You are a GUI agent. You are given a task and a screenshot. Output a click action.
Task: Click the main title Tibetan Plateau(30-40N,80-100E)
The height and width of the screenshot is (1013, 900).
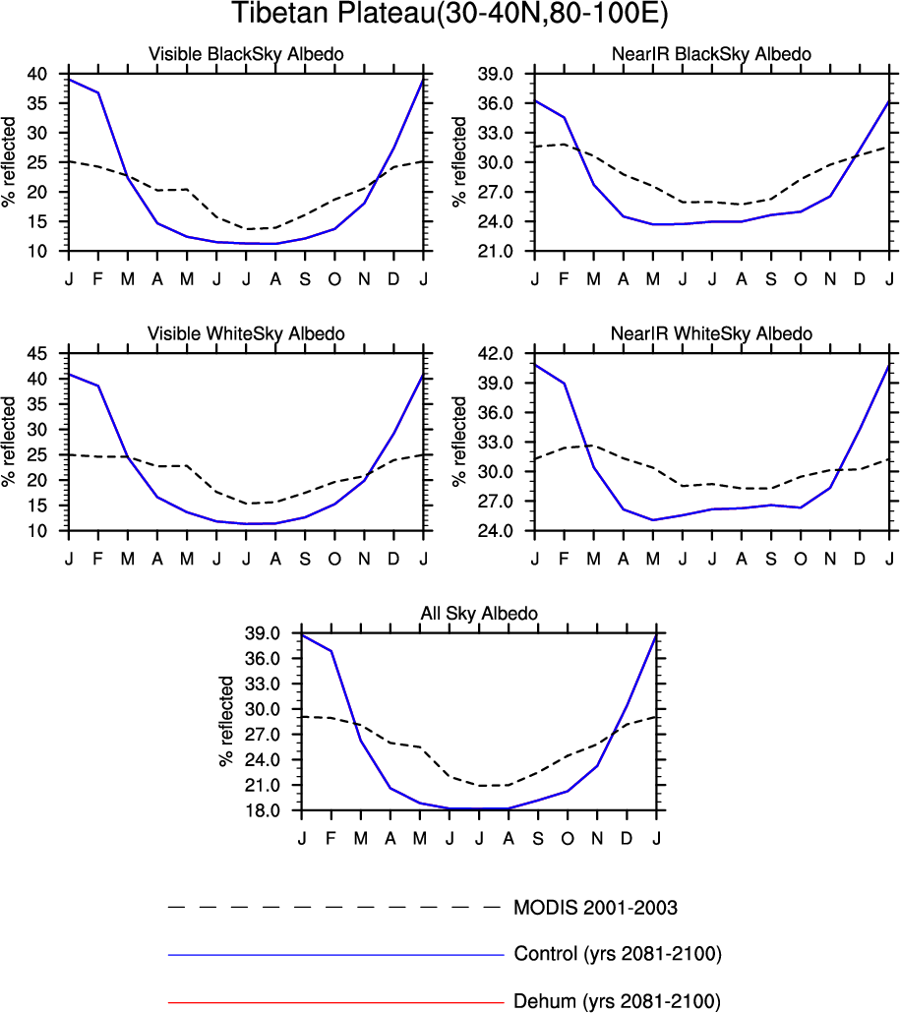point(450,15)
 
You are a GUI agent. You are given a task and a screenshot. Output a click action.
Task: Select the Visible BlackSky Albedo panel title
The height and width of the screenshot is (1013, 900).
point(246,55)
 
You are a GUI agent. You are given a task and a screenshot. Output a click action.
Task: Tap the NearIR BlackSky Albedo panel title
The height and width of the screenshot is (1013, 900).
point(711,55)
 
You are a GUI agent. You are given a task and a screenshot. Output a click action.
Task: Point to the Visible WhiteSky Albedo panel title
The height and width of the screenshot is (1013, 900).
point(246,334)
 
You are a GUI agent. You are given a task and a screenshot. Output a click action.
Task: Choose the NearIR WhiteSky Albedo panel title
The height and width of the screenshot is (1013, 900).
point(711,334)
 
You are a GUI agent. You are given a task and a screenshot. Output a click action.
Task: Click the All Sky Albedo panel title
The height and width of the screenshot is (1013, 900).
point(479,614)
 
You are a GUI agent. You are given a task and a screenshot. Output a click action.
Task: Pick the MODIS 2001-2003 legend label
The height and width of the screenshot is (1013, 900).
point(595,907)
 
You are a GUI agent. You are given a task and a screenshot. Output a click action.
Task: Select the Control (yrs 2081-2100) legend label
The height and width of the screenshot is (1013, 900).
point(618,954)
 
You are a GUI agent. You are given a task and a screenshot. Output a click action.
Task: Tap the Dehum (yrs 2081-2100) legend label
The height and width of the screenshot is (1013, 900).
point(617,1002)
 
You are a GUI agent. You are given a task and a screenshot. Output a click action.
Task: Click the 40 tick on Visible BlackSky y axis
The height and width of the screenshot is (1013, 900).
point(37,74)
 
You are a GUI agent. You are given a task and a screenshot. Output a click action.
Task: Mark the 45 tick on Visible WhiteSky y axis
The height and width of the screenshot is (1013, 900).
point(37,353)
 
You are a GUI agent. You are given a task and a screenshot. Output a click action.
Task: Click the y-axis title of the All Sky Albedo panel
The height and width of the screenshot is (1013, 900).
point(227,722)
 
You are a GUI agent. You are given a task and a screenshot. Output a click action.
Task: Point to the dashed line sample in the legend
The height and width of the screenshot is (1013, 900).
point(334,907)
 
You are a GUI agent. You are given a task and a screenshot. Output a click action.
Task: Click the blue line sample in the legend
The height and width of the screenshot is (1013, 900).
point(334,954)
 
